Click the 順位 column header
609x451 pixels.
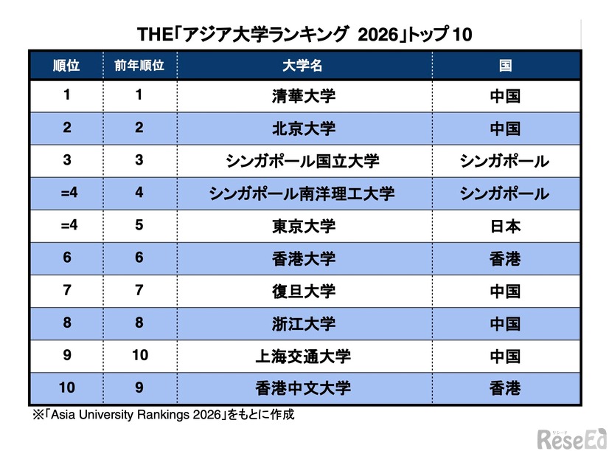coord(66,65)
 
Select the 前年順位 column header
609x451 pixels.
coord(139,65)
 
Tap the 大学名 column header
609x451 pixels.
coord(303,65)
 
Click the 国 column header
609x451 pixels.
coord(505,65)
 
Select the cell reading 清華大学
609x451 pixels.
coord(303,96)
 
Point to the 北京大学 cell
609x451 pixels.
coord(303,128)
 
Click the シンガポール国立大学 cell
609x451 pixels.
coord(303,161)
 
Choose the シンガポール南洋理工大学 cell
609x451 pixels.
coord(303,193)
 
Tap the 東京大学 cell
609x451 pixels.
coord(303,226)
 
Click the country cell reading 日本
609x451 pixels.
coord(505,226)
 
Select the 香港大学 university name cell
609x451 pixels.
coord(303,258)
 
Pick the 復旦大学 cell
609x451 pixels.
coord(303,291)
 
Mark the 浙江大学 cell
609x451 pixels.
coord(303,323)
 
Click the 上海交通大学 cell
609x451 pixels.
coord(303,356)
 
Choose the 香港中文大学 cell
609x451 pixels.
coord(303,388)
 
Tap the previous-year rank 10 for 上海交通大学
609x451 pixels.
coord(139,356)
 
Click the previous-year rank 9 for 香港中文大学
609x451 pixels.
coord(139,388)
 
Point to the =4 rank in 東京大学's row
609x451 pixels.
coord(66,226)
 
